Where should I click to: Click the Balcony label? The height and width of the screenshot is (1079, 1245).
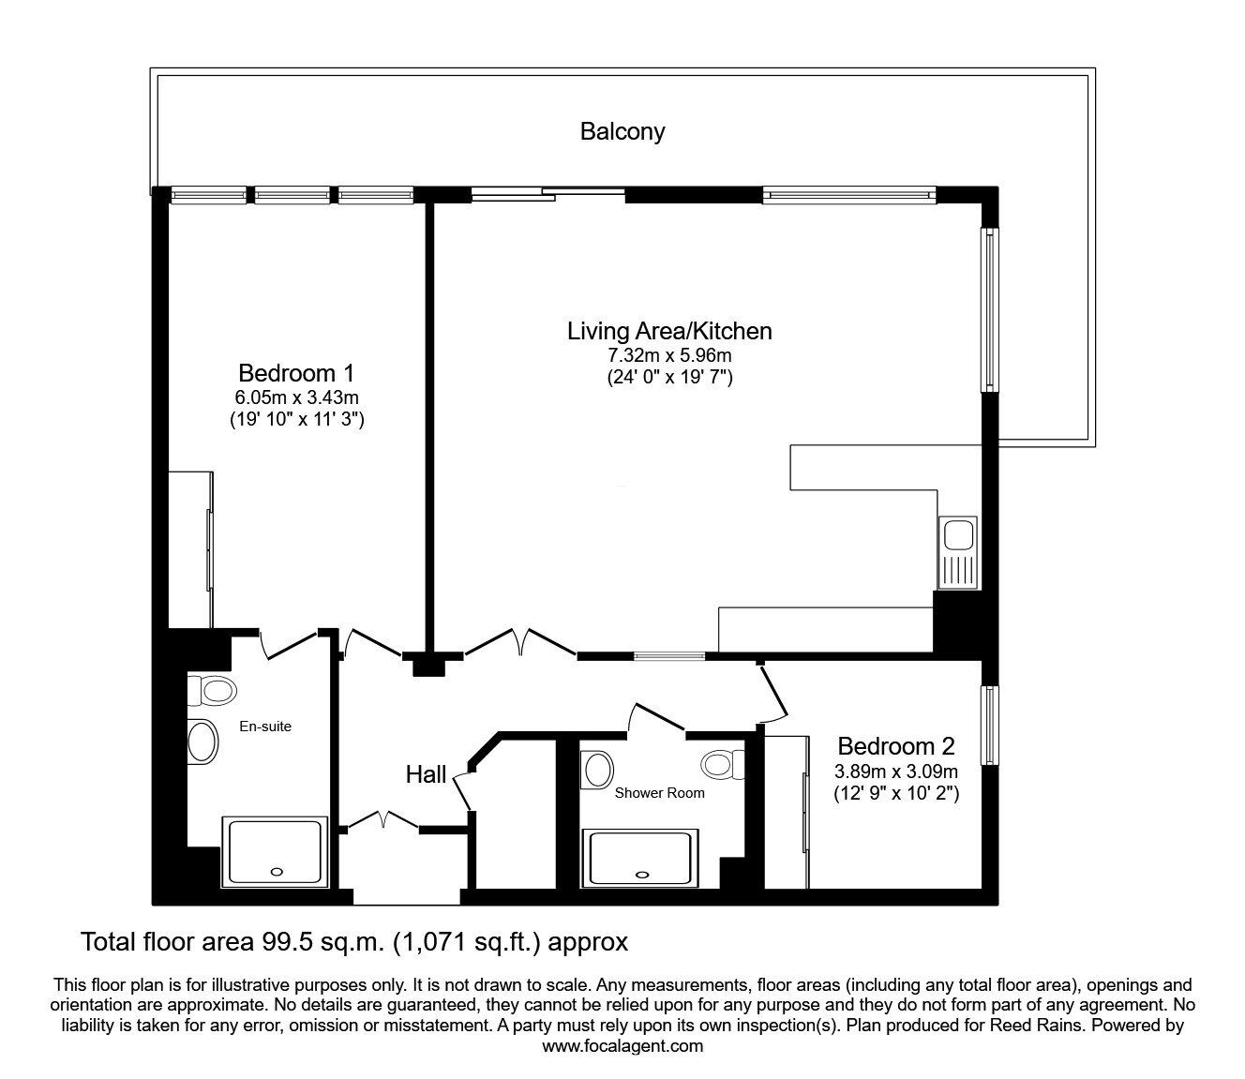[622, 131]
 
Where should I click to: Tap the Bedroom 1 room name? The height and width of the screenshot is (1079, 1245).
[295, 373]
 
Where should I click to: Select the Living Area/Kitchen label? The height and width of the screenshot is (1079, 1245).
[669, 331]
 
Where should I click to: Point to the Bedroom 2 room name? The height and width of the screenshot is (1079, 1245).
[895, 746]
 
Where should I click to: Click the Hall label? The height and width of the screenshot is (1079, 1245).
[426, 774]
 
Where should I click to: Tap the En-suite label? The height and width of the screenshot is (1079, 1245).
[265, 726]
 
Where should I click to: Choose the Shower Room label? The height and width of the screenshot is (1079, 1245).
[659, 792]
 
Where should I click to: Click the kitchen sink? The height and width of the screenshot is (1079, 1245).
[958, 537]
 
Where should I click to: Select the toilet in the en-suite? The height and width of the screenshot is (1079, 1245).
[213, 692]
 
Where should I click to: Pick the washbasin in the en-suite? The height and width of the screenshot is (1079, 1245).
[202, 742]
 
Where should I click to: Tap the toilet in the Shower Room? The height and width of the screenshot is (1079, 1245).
[723, 764]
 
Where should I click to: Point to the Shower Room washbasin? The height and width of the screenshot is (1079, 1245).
[597, 770]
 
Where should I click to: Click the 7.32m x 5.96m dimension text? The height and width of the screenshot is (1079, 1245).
[669, 355]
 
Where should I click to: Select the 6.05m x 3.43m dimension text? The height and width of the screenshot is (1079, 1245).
[296, 397]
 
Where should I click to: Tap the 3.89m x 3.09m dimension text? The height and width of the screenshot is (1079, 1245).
[895, 772]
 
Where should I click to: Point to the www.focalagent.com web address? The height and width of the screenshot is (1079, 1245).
[622, 1046]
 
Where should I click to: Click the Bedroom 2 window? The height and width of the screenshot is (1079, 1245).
[988, 725]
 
